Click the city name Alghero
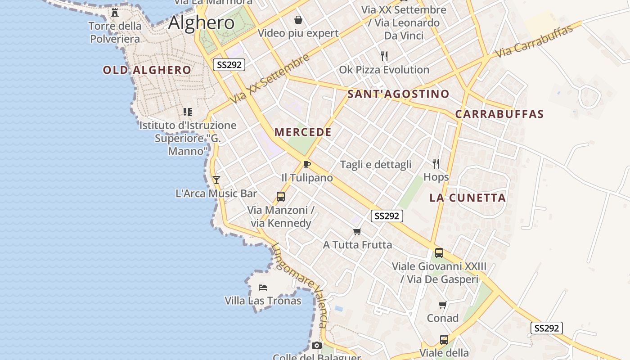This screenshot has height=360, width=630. point(201,22)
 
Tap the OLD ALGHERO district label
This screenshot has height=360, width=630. point(147,70)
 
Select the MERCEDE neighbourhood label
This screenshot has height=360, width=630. point(303,132)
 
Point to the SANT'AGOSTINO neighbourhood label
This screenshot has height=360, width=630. point(398,94)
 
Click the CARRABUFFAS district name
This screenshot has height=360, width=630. point(499,114)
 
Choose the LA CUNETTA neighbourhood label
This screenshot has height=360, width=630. point(468,198)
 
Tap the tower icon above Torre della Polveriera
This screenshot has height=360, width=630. point(115,13)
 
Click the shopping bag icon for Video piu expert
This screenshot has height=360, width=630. point(298,20)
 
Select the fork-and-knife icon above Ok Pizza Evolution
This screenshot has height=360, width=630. point(384,56)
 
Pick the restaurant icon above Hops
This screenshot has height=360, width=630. point(436,163)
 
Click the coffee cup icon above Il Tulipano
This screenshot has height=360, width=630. point(307,164)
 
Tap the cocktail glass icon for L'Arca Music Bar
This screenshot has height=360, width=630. point(216,180)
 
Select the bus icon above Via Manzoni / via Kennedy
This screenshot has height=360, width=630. point(281,197)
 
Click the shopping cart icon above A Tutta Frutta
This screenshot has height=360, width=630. point(357,231)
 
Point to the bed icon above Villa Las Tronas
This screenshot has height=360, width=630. point(263,287)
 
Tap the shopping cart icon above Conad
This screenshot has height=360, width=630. point(443,305)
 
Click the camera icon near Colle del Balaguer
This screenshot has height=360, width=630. point(317,345)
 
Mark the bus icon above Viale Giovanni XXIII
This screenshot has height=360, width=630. point(439,253)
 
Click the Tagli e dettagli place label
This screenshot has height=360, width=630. point(376,165)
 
